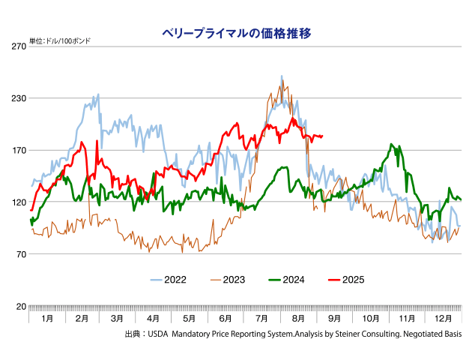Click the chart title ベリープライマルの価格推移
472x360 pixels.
coord(237,33)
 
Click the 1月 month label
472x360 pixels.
coord(47,319)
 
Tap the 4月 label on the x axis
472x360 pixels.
coord(154,319)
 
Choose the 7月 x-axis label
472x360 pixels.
coord(262,319)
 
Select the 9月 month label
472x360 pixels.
coord(335,319)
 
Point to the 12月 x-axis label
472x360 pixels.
coord(444,319)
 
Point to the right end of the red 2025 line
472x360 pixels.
coord(322,136)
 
